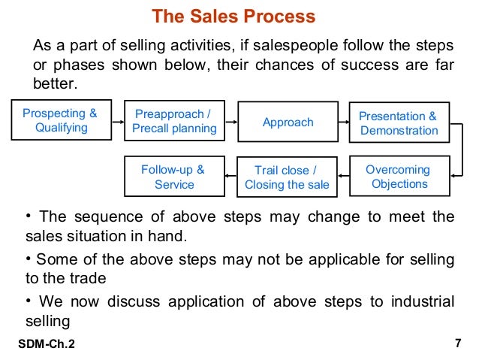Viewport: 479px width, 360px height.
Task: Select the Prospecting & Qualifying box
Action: pos(60,121)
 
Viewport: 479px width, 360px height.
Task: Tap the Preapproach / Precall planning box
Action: pos(174,122)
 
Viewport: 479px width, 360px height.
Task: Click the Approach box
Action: pos(288,122)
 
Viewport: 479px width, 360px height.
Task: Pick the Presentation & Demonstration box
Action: pos(399,123)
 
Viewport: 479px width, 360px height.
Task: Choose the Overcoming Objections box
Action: pos(399,177)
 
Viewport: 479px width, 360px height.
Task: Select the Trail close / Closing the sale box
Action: pos(287,177)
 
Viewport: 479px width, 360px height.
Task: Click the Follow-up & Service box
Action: pos(174,177)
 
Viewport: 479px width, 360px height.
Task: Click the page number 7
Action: pos(457,343)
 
